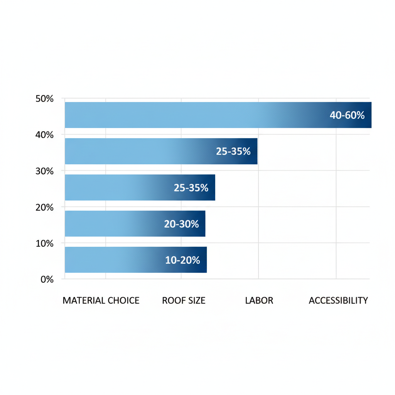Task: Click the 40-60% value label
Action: pyautogui.click(x=347, y=115)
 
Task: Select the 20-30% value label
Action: pyautogui.click(x=181, y=224)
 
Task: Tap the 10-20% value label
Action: pyautogui.click(x=182, y=260)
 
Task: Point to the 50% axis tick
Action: pyautogui.click(x=44, y=99)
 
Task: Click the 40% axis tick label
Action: pyautogui.click(x=44, y=135)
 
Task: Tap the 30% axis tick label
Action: pyautogui.click(x=44, y=171)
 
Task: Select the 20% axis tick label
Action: pyautogui.click(x=44, y=207)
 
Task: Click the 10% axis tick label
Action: pyautogui.click(x=44, y=243)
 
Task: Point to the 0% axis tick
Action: pyautogui.click(x=47, y=279)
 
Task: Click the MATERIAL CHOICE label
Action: pyautogui.click(x=101, y=300)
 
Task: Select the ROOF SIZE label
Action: pyautogui.click(x=184, y=300)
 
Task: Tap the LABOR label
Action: pyautogui.click(x=259, y=300)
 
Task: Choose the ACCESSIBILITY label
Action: pyautogui.click(x=338, y=300)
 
